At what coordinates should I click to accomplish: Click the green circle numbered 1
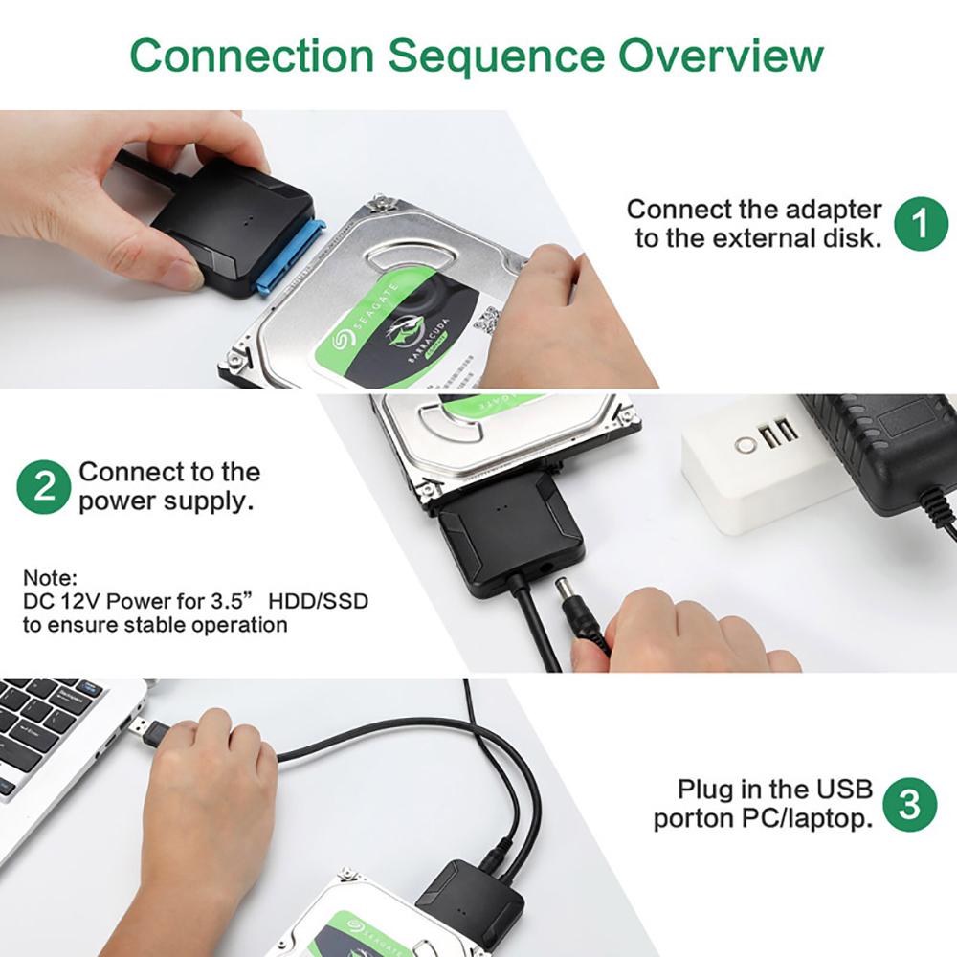(x=921, y=223)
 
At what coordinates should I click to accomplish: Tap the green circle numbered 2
(x=44, y=486)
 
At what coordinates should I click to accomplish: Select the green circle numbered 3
(x=908, y=804)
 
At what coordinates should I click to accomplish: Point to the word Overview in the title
(x=720, y=56)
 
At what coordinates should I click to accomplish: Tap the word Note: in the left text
(x=50, y=579)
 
